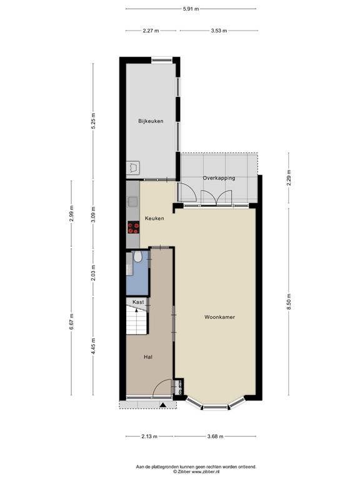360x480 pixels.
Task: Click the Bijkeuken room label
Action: point(151,121)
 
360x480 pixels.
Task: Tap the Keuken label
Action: point(154,218)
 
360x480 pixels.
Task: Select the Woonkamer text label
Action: point(219,317)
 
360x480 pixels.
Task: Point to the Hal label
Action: point(148,357)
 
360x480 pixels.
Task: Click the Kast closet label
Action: point(138,302)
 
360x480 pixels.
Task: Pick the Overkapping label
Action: point(219,178)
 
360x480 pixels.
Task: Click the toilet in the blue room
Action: point(137,257)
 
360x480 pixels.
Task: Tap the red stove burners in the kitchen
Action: point(132,227)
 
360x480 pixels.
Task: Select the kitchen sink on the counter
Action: point(132,201)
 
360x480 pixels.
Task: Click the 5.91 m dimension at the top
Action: point(191,9)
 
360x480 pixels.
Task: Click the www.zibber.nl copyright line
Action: point(196,472)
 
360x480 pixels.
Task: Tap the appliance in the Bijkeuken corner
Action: point(132,167)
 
